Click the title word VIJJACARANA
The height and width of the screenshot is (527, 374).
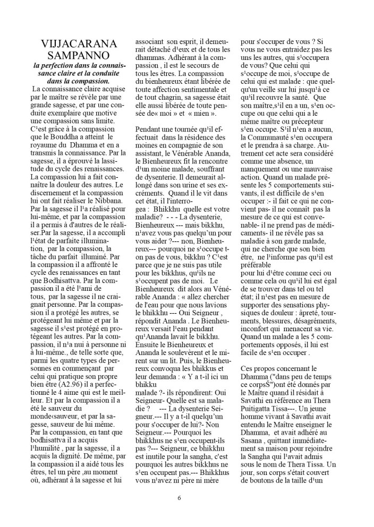click(x=77, y=44)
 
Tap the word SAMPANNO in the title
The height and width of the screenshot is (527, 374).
click(x=77, y=55)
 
